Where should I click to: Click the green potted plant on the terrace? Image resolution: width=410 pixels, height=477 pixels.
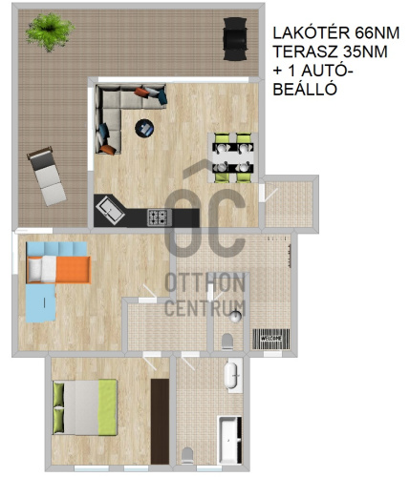50,31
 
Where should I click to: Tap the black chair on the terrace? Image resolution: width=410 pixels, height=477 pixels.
235,39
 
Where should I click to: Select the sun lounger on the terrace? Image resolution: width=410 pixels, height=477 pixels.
47,176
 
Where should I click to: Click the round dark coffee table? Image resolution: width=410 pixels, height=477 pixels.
144,129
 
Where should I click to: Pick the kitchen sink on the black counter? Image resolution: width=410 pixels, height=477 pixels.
110,210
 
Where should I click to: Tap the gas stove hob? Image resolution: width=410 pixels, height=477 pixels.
160,218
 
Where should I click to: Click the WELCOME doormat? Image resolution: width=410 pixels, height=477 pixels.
271,339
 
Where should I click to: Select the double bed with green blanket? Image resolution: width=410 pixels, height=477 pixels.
85,407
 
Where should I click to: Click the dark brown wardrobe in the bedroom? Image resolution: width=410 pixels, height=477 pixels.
160,421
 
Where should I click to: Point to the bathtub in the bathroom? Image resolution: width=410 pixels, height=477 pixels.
229,440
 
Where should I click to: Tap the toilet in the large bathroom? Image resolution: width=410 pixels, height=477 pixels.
187,455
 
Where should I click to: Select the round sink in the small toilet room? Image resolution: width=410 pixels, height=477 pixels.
236,317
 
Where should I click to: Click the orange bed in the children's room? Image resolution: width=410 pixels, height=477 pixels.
59,269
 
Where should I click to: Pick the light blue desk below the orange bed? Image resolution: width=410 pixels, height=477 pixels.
41,303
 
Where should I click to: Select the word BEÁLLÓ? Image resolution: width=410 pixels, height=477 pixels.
305,90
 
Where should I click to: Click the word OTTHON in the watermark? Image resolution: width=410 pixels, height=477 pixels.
205,282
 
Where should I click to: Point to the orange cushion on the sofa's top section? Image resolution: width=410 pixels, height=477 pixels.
141,93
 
